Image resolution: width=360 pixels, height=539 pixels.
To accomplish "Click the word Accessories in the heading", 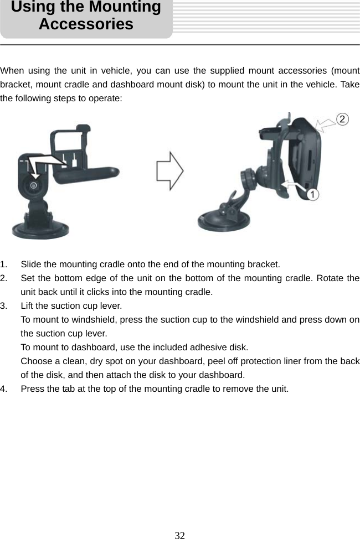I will coord(86,24).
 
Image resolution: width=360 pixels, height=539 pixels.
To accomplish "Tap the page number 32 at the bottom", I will coord(179,535).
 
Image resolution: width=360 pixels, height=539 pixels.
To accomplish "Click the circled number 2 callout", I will coord(343,119).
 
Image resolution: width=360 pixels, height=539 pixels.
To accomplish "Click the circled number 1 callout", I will coord(313,194).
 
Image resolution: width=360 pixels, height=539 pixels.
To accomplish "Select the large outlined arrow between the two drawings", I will coord(169,172).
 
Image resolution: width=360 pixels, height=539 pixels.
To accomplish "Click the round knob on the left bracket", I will coord(34,186).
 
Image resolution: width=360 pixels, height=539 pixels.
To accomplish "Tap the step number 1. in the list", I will coord(4,264).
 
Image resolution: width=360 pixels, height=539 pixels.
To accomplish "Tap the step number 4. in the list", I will coord(4,388).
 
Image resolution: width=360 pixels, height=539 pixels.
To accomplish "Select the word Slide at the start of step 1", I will coord(31,264).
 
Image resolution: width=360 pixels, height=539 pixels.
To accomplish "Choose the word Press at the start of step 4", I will coord(33,388).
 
